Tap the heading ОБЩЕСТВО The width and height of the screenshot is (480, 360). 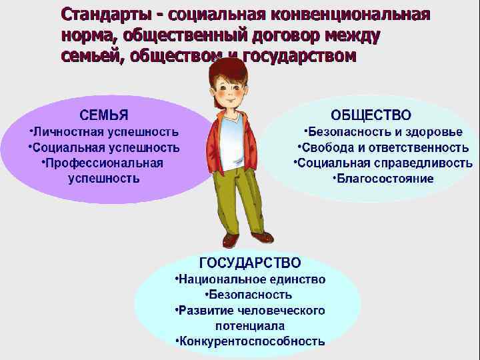click(x=371, y=116)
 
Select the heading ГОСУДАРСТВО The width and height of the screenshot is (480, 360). click(x=250, y=263)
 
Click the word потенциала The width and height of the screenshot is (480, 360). click(x=250, y=326)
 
